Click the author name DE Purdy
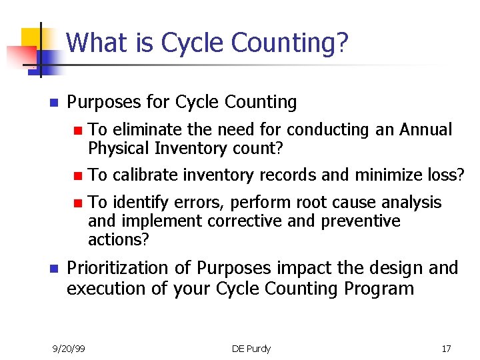251,349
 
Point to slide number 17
446,349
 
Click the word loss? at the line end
447,175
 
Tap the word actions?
119,239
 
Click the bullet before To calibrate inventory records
78,176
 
